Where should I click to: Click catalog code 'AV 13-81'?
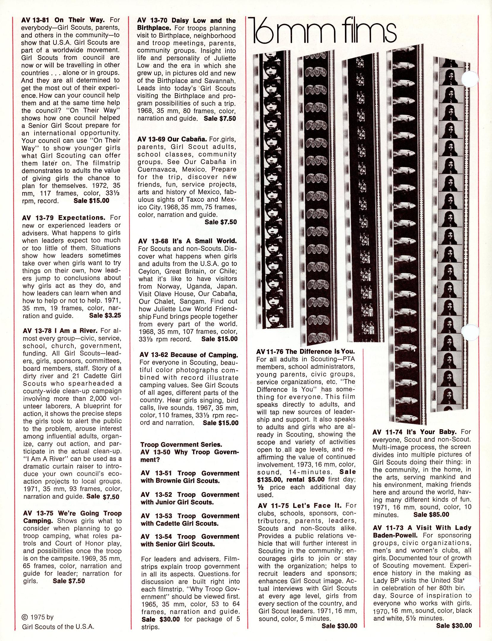[35, 20]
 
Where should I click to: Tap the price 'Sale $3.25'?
[105, 315]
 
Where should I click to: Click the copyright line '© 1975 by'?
[38, 617]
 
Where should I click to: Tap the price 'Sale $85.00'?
[431, 514]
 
